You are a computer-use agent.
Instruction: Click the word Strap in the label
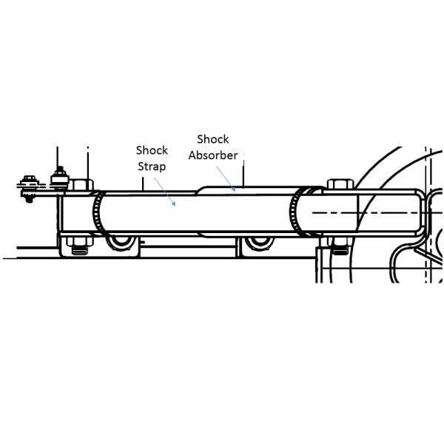pos(152,166)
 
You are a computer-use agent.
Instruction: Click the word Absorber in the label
pos(213,155)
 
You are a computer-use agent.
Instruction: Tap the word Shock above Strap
pos(152,150)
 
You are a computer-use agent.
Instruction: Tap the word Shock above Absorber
pos(213,139)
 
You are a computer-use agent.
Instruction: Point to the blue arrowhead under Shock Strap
pos(174,203)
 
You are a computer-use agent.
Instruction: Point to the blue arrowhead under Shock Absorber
pos(233,189)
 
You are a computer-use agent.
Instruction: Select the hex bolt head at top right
pos(340,184)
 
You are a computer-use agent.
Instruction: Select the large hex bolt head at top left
pos(81,184)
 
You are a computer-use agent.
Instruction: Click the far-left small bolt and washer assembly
pos(28,188)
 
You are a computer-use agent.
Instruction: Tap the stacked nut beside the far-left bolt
pos(59,178)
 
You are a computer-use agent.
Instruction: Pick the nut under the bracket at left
pos(79,246)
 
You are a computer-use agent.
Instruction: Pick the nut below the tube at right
pos(340,246)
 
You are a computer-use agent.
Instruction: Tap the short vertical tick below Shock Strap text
pos(143,184)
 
